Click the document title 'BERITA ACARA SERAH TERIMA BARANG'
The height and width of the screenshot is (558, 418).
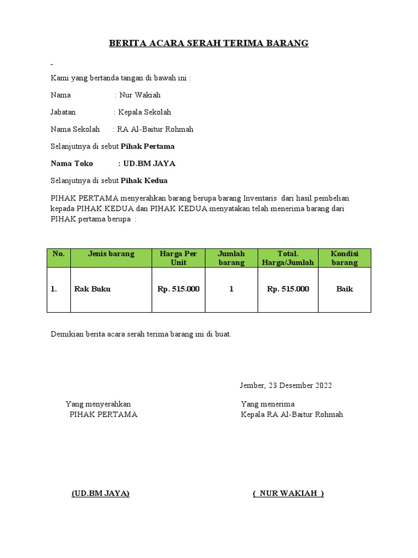208,43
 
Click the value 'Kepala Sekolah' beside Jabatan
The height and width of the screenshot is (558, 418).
144,112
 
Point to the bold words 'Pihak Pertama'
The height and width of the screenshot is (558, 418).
147,147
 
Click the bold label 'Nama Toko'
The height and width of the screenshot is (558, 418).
72,163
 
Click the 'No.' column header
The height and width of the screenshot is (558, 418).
59,254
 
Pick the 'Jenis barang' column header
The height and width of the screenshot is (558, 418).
111,254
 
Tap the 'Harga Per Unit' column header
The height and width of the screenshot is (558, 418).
179,258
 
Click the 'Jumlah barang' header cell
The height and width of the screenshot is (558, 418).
231,258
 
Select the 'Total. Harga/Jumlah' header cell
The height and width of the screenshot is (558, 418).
288,258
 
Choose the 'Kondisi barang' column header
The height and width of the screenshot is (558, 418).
345,258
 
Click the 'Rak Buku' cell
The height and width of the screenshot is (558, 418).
92,289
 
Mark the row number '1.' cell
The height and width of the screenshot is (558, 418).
54,289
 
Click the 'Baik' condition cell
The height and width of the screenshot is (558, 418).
345,289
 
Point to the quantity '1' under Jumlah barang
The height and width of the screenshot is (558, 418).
231,289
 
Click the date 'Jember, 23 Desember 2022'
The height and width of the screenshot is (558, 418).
286,386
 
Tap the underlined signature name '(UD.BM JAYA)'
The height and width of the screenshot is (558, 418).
101,494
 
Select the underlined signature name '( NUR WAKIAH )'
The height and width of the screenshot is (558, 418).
288,494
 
